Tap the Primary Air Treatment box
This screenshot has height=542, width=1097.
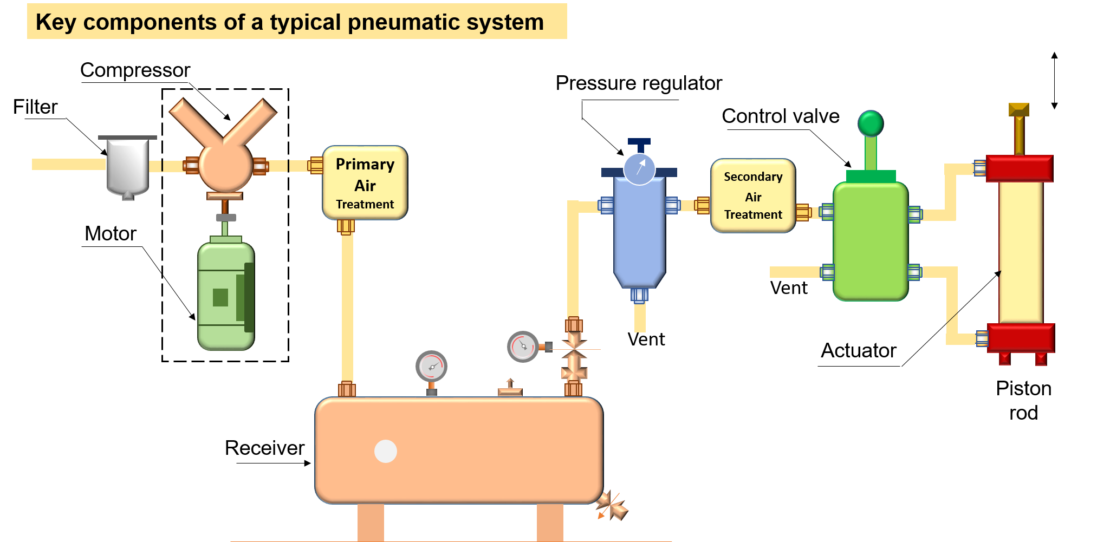pyautogui.click(x=365, y=183)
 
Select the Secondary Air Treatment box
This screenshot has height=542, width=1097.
pyautogui.click(x=752, y=195)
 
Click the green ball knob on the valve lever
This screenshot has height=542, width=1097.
pyautogui.click(x=871, y=123)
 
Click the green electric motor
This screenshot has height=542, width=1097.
pyautogui.click(x=225, y=295)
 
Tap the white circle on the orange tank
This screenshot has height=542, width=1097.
pyautogui.click(x=386, y=451)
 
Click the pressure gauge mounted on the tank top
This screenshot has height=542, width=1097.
pyautogui.click(x=431, y=367)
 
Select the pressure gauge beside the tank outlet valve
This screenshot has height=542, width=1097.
pyautogui.click(x=523, y=347)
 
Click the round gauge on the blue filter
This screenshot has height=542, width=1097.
pyautogui.click(x=639, y=169)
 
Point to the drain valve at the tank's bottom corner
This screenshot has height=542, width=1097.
pyautogui.click(x=612, y=506)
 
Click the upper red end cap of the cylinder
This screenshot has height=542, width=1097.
pyautogui.click(x=1019, y=168)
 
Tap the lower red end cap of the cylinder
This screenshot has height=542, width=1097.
pyautogui.click(x=1021, y=337)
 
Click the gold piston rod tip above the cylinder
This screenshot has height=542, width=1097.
pyautogui.click(x=1018, y=110)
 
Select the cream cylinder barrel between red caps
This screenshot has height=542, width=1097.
pyautogui.click(x=1021, y=252)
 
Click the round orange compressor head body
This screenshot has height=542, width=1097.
pyautogui.click(x=225, y=166)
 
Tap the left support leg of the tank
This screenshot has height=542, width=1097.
pyautogui.click(x=371, y=522)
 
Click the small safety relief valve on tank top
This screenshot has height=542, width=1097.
pyautogui.click(x=510, y=388)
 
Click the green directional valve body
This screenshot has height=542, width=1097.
pyautogui.click(x=870, y=241)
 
